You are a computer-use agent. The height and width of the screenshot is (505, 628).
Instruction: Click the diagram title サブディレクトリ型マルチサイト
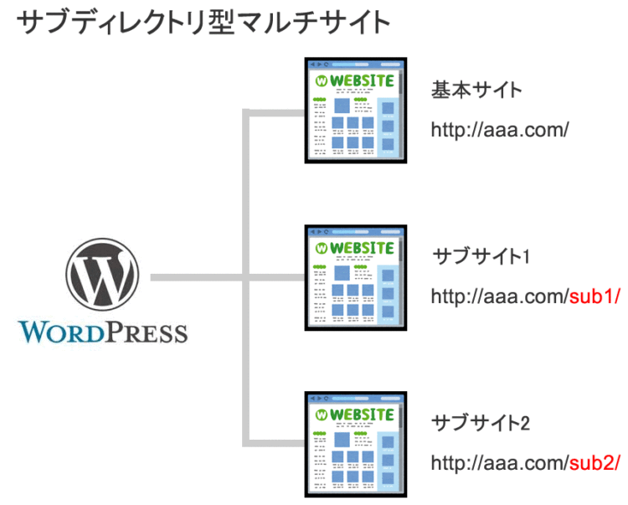point(204,23)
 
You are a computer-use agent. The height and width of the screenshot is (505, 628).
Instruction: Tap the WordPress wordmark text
point(103,332)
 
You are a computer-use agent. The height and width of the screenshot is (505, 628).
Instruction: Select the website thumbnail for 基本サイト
point(354,110)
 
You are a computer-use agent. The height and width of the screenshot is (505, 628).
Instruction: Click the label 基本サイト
point(476,90)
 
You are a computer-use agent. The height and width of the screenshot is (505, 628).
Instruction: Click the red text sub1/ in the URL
point(595,296)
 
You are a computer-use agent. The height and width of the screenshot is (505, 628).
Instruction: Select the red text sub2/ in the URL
point(595,463)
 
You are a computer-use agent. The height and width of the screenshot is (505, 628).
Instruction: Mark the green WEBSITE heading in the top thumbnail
point(362,81)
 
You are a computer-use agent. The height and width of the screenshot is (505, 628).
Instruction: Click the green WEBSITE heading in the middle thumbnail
point(362,248)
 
